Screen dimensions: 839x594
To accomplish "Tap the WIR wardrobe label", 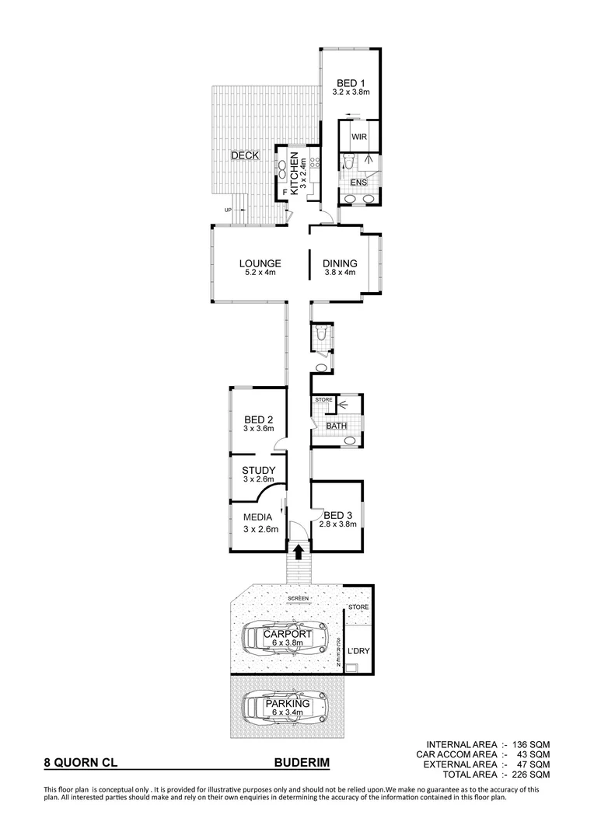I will [358, 137].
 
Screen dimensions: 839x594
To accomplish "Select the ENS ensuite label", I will [358, 183].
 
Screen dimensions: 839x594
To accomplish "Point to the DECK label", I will [244, 156].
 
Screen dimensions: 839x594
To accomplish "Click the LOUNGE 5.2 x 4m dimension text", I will [259, 273].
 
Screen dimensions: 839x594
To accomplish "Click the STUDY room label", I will [257, 470].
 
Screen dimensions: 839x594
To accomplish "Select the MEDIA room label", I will [257, 517].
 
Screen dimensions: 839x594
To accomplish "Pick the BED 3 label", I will [337, 514].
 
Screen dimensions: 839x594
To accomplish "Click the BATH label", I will [336, 426].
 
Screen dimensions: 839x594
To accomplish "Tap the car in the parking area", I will [285, 708].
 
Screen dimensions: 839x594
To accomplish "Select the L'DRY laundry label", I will [358, 649].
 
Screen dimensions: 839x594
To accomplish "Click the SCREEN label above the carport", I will [297, 598].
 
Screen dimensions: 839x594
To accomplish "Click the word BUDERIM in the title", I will [302, 764].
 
